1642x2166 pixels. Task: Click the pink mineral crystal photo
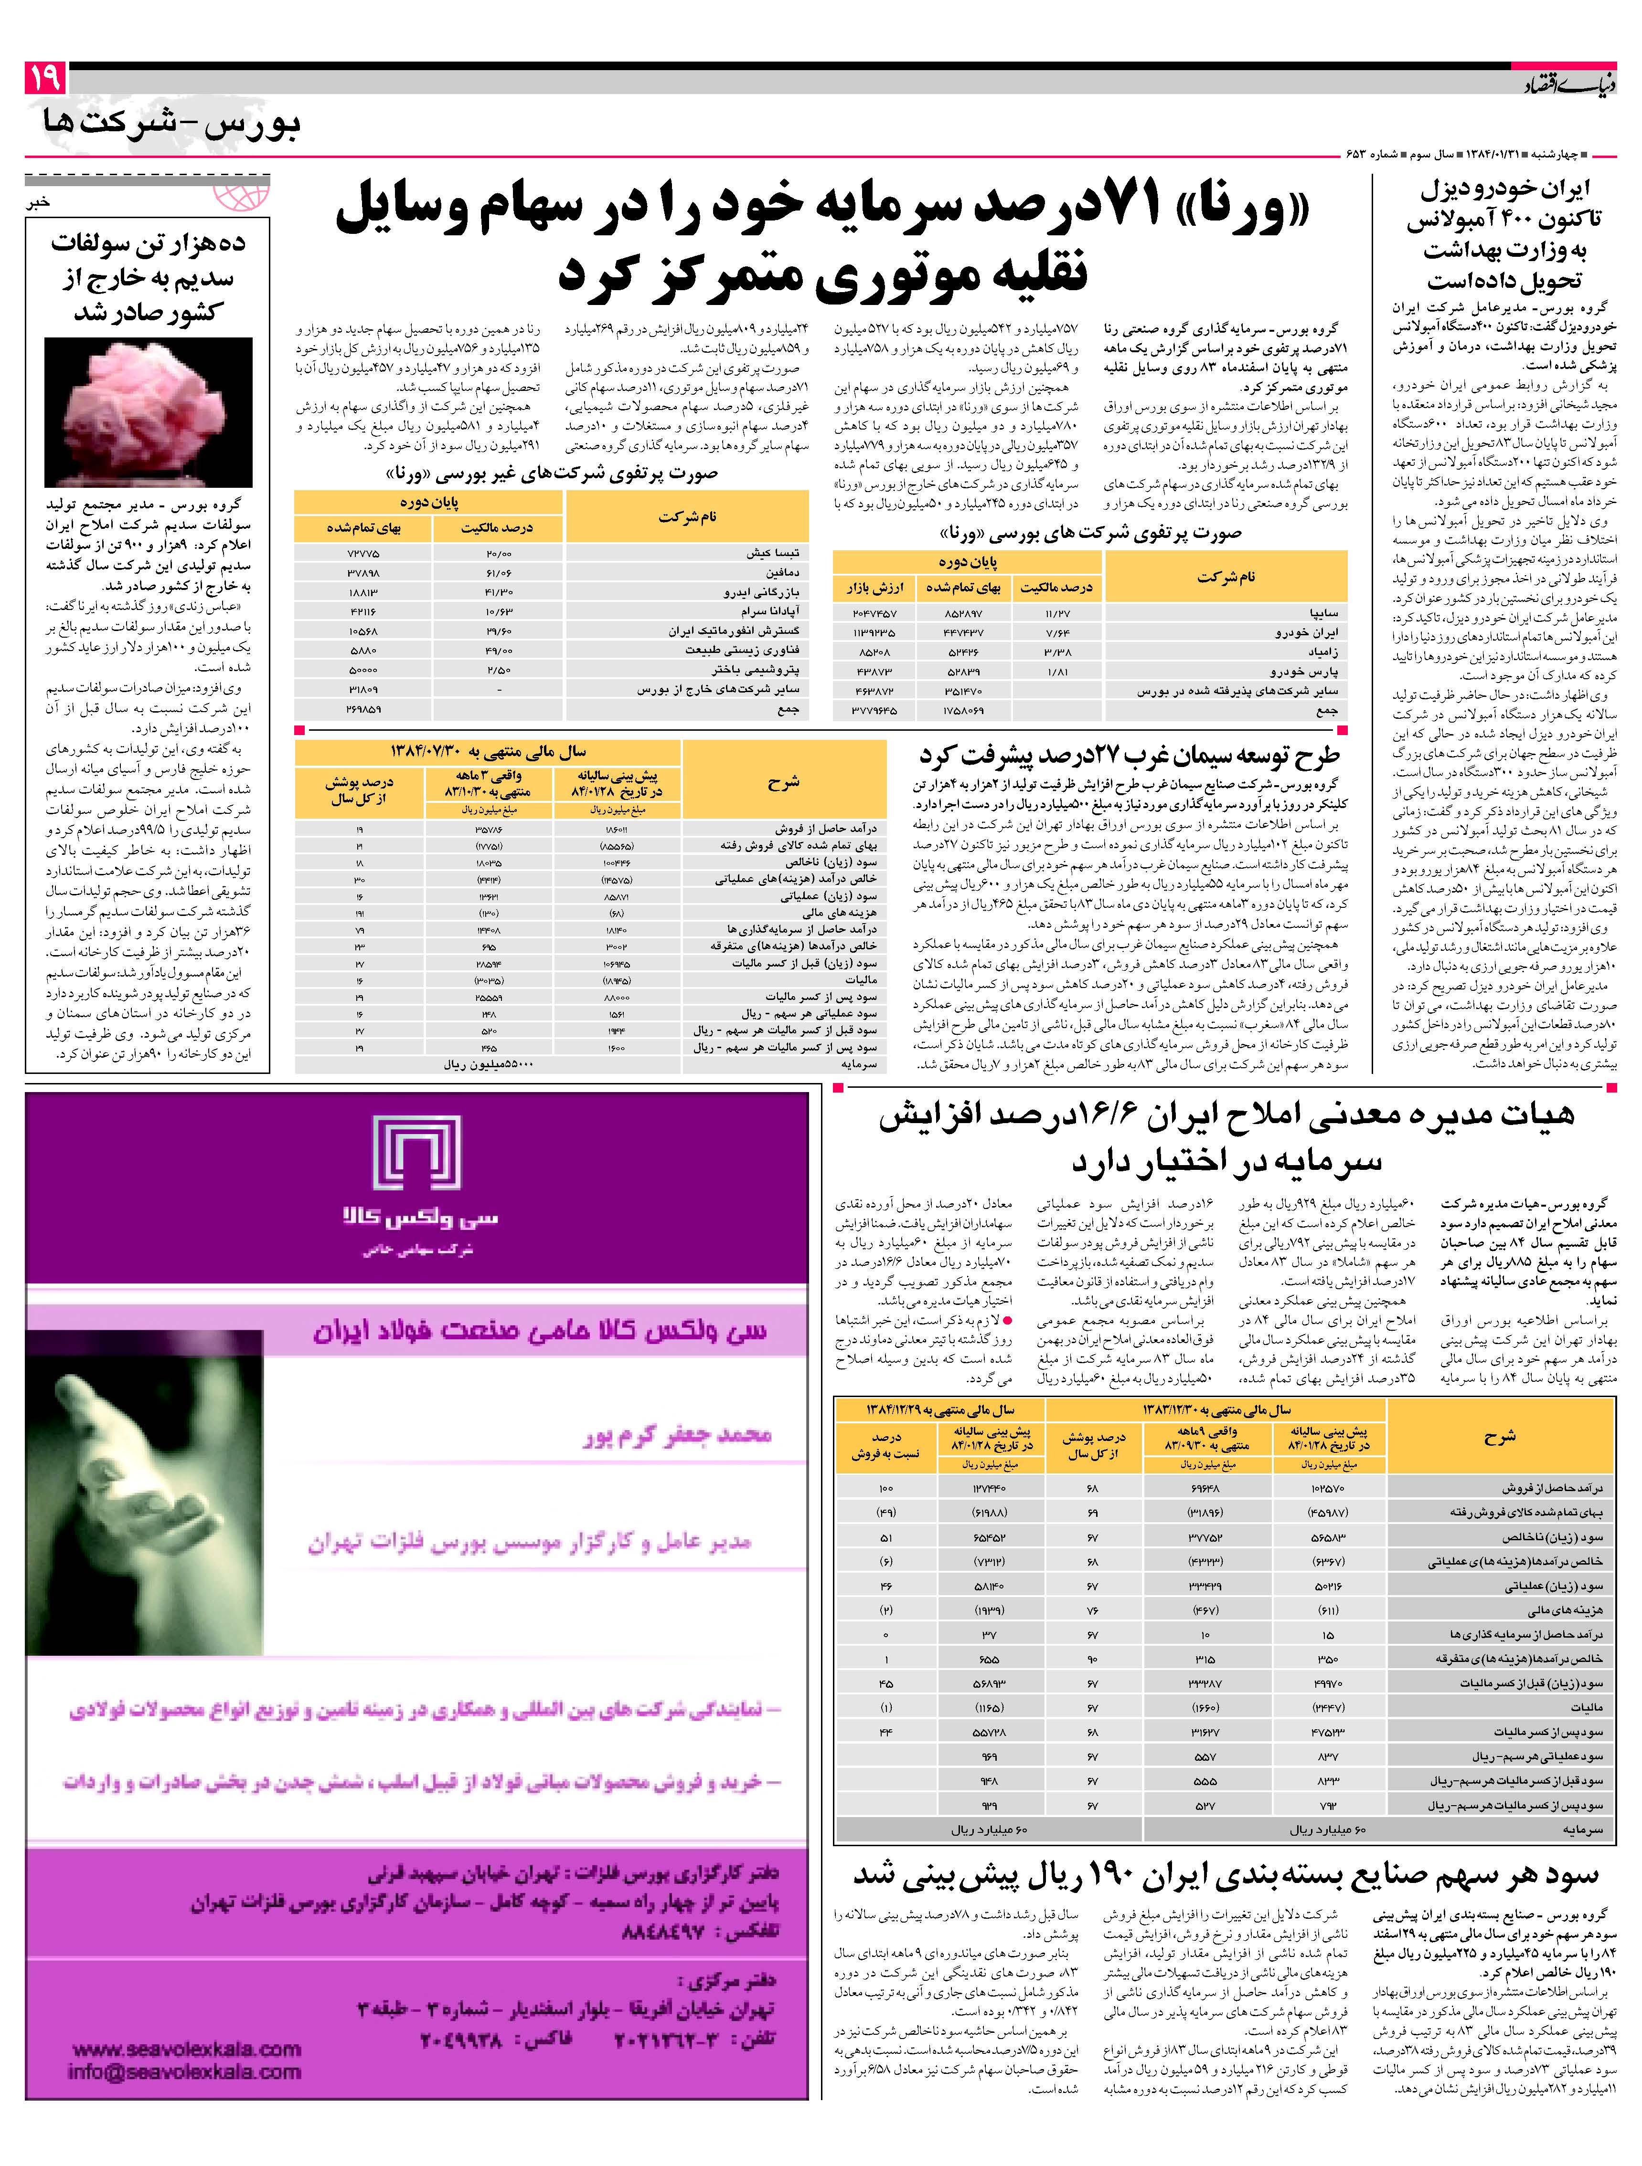149,411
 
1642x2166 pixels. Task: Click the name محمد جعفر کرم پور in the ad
678,1436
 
